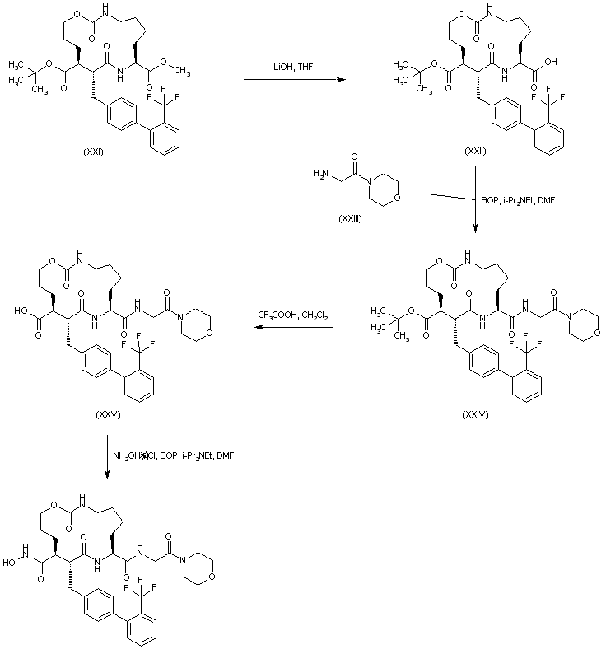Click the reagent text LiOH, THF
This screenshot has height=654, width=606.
coord(291,68)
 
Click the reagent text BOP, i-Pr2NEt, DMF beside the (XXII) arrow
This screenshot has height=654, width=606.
coord(521,199)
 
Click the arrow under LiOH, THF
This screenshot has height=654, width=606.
coord(292,80)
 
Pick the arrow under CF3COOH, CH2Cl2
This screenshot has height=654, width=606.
coord(292,329)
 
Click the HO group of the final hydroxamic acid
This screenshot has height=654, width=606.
coord(10,563)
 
